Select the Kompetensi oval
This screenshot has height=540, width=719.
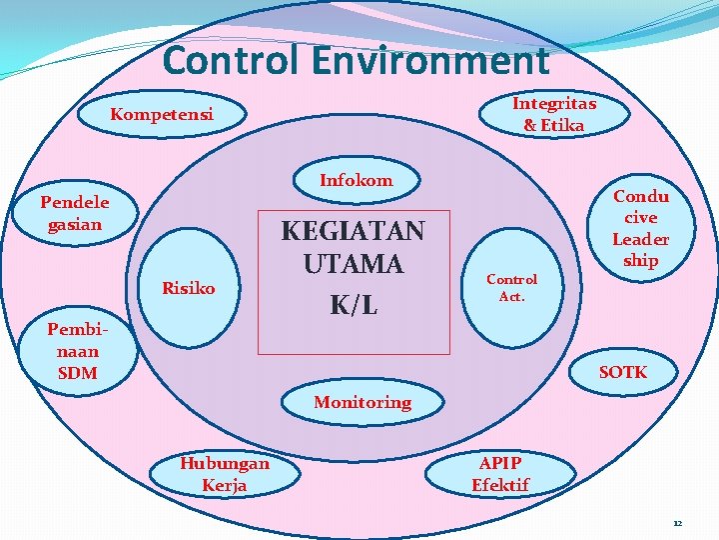(162, 114)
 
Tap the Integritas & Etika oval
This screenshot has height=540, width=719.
(554, 114)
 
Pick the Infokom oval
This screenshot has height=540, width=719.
(357, 181)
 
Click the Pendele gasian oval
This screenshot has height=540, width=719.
(75, 213)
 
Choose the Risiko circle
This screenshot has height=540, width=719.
(189, 289)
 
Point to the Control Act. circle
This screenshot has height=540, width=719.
(511, 288)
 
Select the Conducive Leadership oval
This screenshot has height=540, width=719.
(640, 228)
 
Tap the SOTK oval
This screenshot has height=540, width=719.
(623, 372)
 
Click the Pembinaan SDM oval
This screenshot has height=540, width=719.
(78, 350)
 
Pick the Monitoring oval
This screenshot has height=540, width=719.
(362, 402)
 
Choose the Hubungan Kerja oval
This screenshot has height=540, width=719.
(224, 474)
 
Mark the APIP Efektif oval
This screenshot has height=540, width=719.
(500, 474)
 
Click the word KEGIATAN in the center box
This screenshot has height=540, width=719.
(353, 231)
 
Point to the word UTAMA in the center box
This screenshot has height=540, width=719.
(353, 265)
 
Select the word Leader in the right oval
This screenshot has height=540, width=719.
(640, 239)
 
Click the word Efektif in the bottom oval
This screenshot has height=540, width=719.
(500, 485)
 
